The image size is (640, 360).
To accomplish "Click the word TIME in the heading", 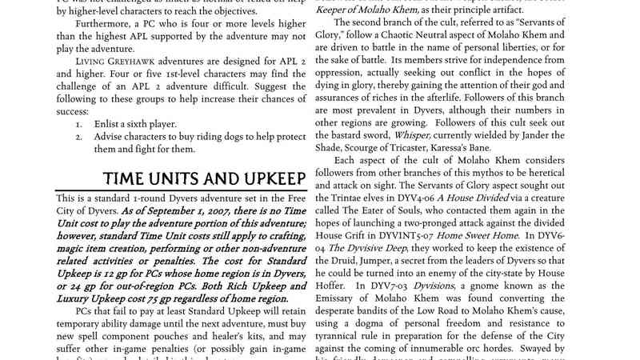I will [x=130, y=178].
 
